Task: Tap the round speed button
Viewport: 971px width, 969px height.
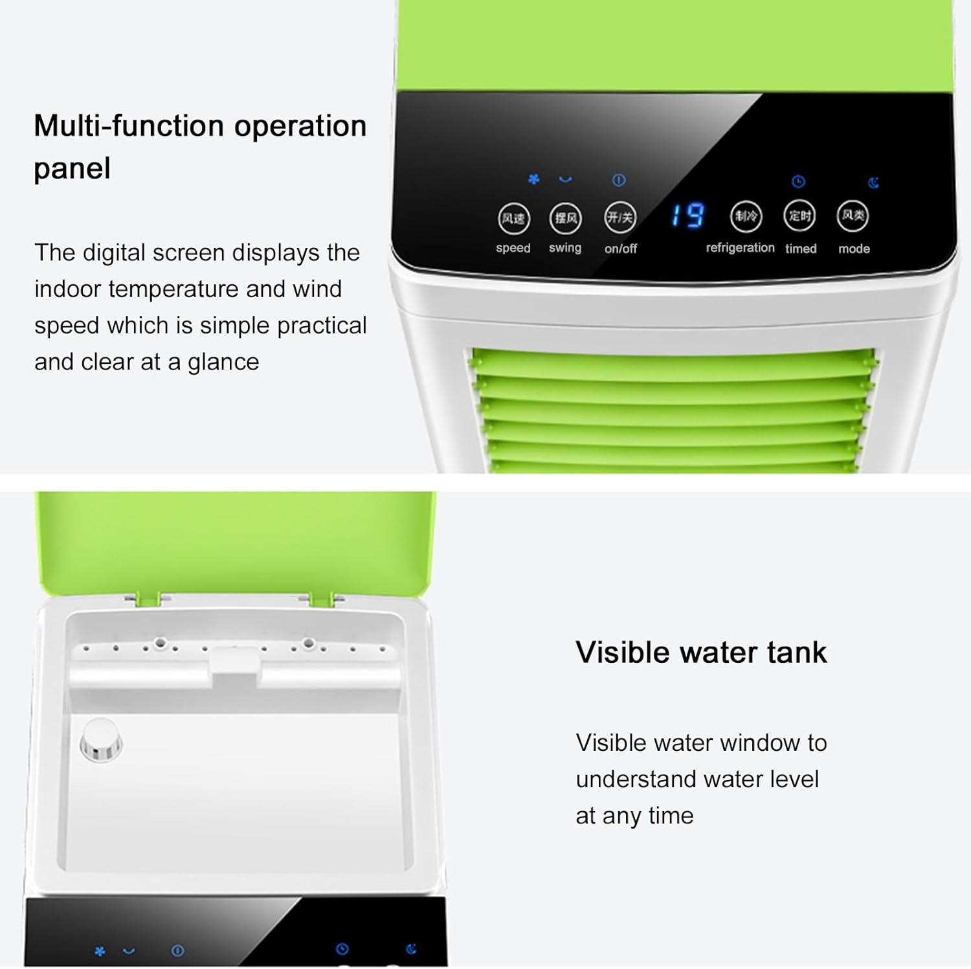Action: [514, 218]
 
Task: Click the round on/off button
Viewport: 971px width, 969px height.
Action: [620, 217]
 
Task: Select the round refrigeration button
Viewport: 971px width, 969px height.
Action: [746, 216]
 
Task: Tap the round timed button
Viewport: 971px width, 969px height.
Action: [799, 216]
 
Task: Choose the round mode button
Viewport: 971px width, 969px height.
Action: [853, 216]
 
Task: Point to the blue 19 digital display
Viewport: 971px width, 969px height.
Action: [687, 216]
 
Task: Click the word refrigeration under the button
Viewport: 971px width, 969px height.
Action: [740, 248]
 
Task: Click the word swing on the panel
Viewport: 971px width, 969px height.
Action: [565, 248]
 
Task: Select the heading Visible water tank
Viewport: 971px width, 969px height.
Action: [701, 652]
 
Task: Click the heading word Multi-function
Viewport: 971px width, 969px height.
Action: [129, 126]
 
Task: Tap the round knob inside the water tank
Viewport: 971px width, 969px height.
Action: [101, 739]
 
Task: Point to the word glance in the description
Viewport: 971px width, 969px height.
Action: [223, 362]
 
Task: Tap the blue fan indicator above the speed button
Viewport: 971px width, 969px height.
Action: [533, 179]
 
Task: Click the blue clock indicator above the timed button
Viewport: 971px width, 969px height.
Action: [798, 181]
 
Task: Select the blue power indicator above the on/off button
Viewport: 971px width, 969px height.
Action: [619, 180]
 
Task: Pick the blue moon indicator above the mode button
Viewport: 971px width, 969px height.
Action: [873, 183]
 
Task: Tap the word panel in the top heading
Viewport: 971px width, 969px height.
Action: [72, 169]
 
